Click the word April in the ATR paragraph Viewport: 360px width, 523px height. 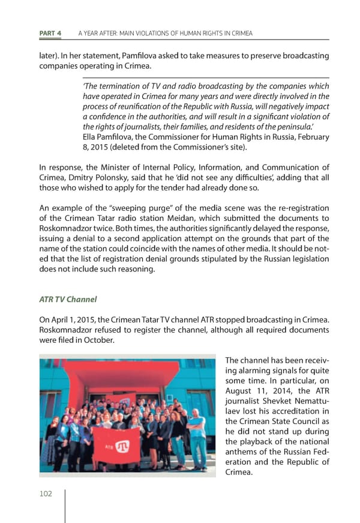64,320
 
